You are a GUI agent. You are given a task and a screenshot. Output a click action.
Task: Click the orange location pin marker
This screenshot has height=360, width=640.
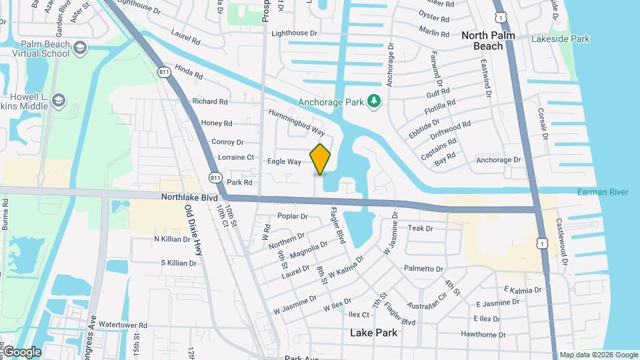[320, 159]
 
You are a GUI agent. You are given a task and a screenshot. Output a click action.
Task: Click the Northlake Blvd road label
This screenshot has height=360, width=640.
[189, 197]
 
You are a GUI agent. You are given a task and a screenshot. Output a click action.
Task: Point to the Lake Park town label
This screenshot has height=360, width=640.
[374, 333]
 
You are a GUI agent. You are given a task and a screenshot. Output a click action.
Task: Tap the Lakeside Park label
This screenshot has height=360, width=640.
[560, 39]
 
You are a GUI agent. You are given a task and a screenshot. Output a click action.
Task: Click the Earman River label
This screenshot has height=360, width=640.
[603, 192]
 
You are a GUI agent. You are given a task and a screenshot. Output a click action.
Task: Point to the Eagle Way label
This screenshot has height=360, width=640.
[285, 161]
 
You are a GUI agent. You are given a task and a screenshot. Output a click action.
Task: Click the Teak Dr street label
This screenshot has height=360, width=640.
[420, 228]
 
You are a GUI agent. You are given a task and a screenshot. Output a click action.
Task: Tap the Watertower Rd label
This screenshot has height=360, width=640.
[125, 325]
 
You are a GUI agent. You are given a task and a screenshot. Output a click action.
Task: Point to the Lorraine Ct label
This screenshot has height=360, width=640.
[236, 157]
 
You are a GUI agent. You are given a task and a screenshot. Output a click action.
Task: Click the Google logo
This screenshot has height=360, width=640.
[21, 351]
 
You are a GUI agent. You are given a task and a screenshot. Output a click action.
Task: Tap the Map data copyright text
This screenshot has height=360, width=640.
[598, 355]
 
